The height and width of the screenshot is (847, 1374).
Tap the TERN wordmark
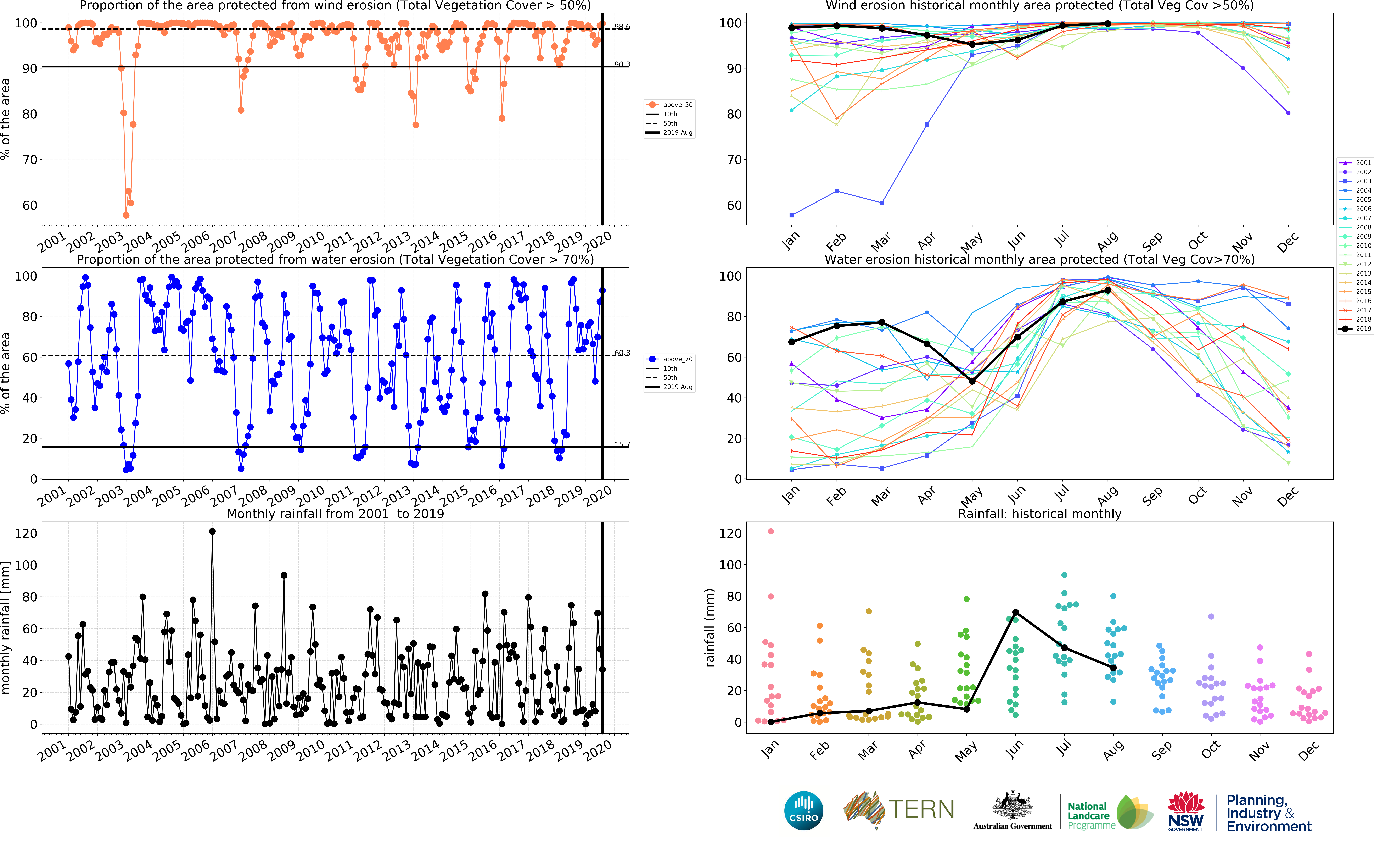coord(921,809)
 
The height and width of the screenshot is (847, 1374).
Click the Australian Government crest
coord(1012,807)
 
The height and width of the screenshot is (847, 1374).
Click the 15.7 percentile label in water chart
coord(622,444)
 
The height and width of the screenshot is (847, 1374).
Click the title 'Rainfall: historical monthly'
coord(1039,514)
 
